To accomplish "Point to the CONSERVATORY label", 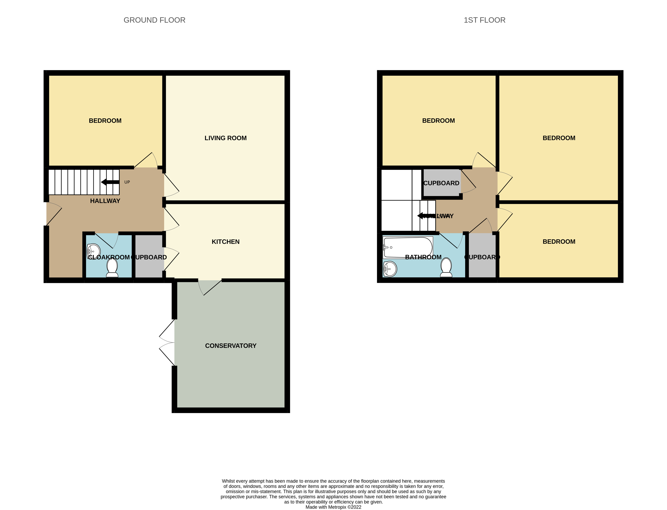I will [231, 346].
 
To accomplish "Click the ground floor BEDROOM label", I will [105, 121].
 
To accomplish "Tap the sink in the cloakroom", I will [94, 251].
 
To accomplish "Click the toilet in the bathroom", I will [446, 267].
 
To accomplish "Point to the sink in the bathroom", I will [390, 269].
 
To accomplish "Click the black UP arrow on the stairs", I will [110, 182].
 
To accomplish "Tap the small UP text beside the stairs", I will [127, 182].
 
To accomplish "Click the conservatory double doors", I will [167, 342].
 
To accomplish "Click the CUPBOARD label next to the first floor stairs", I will [441, 183].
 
